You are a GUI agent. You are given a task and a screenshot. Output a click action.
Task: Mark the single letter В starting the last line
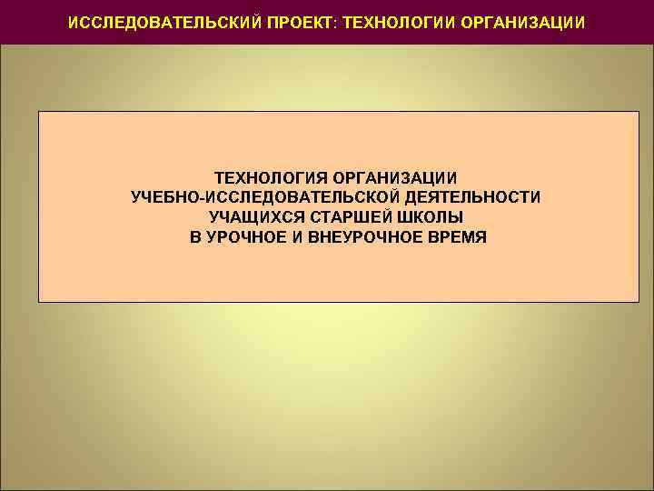(195, 237)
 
